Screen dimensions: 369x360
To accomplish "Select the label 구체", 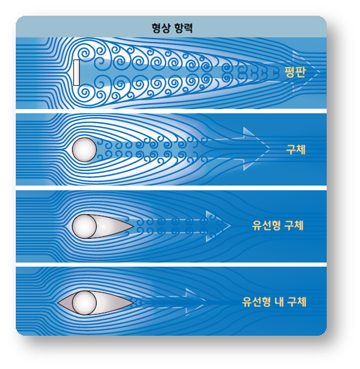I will click(x=295, y=149).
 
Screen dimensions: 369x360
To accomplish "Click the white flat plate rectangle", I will click(x=77, y=72).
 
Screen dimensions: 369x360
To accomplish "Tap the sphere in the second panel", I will click(x=84, y=149).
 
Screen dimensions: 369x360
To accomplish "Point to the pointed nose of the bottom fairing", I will click(x=60, y=302).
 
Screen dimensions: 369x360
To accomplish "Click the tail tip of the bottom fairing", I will click(x=133, y=302).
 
